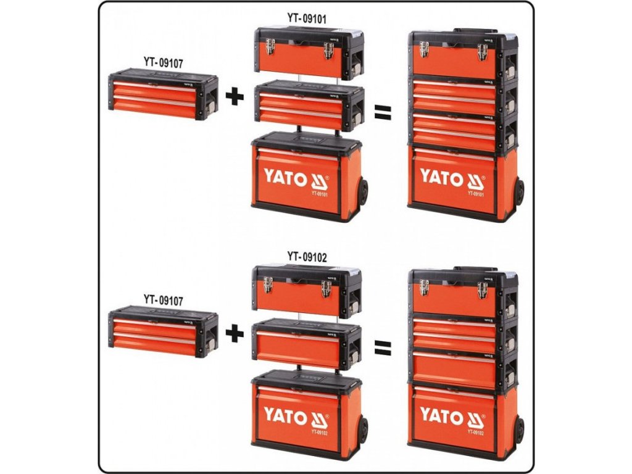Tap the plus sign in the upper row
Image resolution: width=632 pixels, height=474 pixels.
coord(235,97)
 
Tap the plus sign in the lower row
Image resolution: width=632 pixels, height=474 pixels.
coord(235,334)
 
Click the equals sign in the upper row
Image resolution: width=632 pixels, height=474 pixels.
coord(383,112)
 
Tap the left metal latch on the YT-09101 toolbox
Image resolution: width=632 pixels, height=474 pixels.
coord(270,47)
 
